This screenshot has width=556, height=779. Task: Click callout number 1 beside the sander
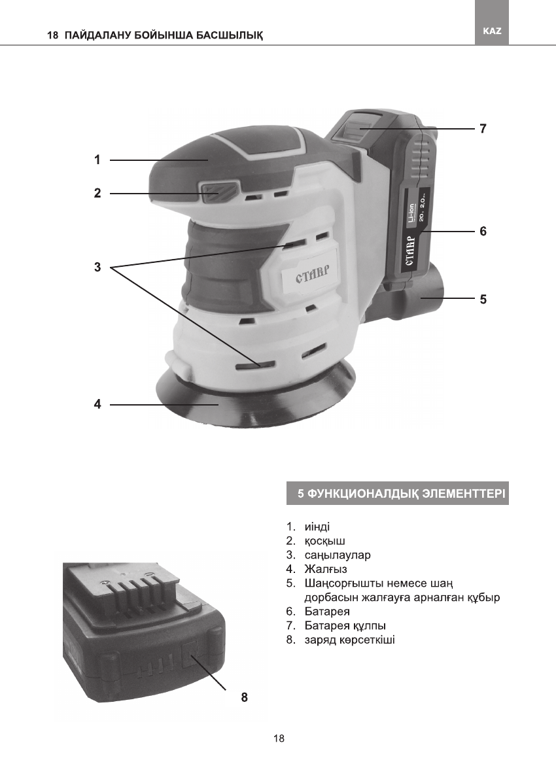point(96,160)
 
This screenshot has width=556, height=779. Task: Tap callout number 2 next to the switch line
point(96,193)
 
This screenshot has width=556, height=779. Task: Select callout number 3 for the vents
point(97,268)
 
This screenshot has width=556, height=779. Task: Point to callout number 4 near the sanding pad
point(97,405)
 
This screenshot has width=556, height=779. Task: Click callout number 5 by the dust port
point(483,299)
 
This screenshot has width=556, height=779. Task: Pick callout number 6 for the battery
point(483,232)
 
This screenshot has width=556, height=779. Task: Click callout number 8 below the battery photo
point(244,697)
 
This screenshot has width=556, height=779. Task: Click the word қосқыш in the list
point(324,541)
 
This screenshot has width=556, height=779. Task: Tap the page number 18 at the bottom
point(279,738)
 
